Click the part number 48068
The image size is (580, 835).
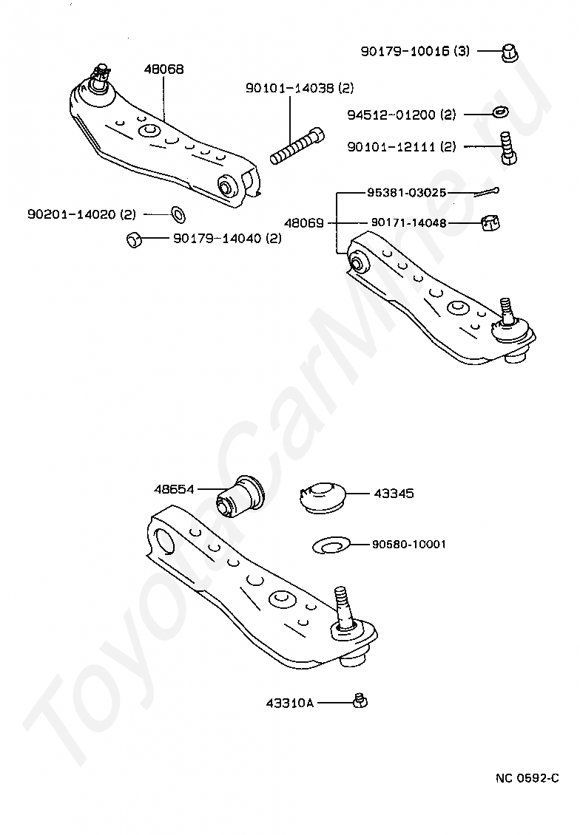(x=163, y=69)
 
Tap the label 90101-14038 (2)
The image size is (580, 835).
(x=300, y=88)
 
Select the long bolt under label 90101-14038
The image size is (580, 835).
(x=296, y=146)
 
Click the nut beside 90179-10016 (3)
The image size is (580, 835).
(x=509, y=52)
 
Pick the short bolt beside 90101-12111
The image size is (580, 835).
(x=507, y=148)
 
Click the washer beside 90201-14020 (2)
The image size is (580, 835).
(x=178, y=214)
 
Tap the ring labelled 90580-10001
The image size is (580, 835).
(x=330, y=545)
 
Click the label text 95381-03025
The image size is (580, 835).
(x=405, y=191)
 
